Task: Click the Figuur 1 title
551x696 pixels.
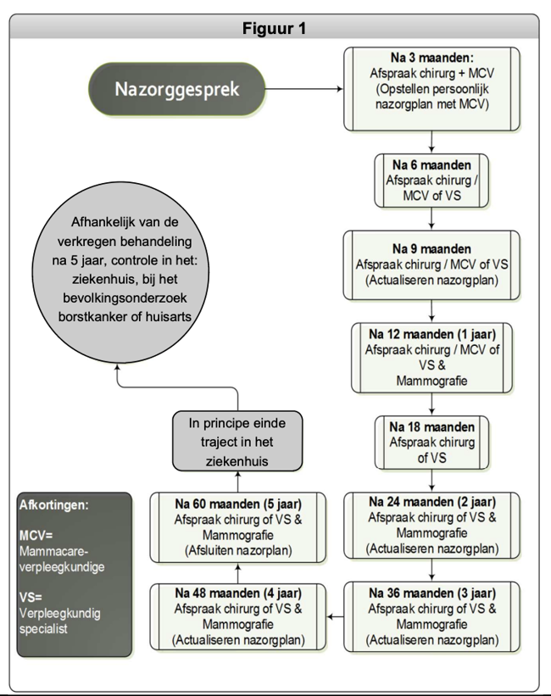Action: (x=275, y=27)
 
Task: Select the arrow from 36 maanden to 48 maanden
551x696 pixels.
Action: (x=336, y=615)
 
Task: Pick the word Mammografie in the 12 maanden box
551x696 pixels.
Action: (x=431, y=381)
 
